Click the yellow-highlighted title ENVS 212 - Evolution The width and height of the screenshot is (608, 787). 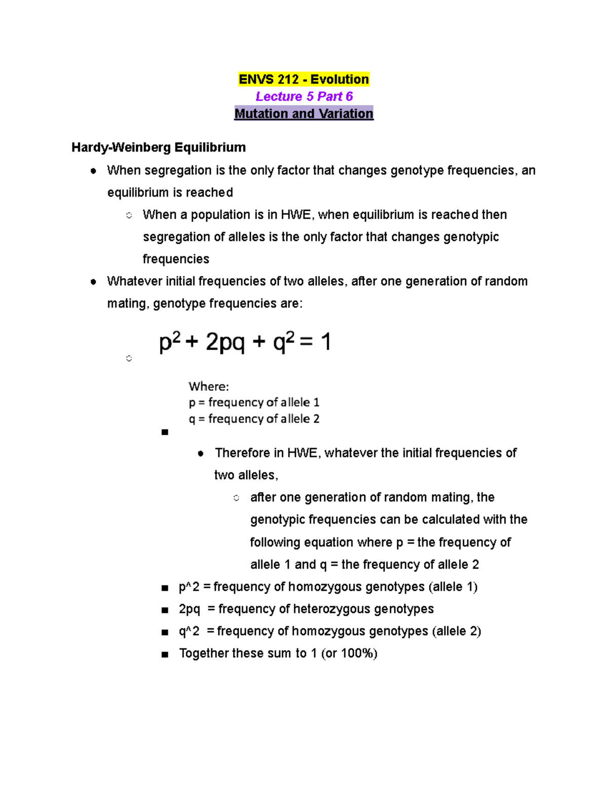[303, 80]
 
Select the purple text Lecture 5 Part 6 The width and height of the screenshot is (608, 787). [304, 96]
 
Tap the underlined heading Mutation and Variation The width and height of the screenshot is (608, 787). [303, 114]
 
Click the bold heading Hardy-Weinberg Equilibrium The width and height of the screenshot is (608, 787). [159, 147]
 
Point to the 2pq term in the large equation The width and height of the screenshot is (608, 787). [225, 343]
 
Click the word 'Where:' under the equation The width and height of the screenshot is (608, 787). [209, 387]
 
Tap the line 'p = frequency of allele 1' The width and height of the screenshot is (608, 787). [254, 402]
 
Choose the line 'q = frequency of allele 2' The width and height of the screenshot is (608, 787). [254, 419]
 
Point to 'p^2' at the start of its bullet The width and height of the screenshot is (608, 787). [189, 587]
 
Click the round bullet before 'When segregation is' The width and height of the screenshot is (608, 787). [93, 171]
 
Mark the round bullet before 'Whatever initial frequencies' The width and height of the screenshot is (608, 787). [93, 282]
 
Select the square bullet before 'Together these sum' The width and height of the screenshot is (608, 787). [164, 655]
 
